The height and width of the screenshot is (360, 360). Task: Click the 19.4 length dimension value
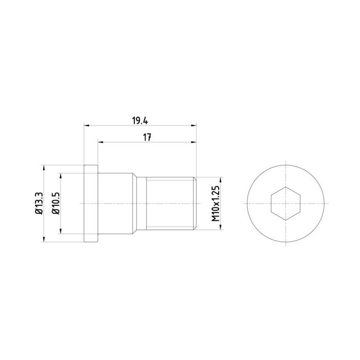point(140,120)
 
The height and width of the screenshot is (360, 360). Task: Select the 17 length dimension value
point(147,137)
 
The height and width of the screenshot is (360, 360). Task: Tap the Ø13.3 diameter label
point(39,203)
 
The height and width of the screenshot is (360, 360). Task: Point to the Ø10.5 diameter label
point(55,203)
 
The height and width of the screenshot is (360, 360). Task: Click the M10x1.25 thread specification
point(215,203)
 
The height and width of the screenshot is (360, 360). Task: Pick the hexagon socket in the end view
point(285,203)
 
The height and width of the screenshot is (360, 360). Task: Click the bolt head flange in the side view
point(91,203)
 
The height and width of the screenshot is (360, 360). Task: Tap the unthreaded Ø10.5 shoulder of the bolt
point(115,203)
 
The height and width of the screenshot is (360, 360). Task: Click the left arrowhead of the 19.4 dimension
point(86,125)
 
